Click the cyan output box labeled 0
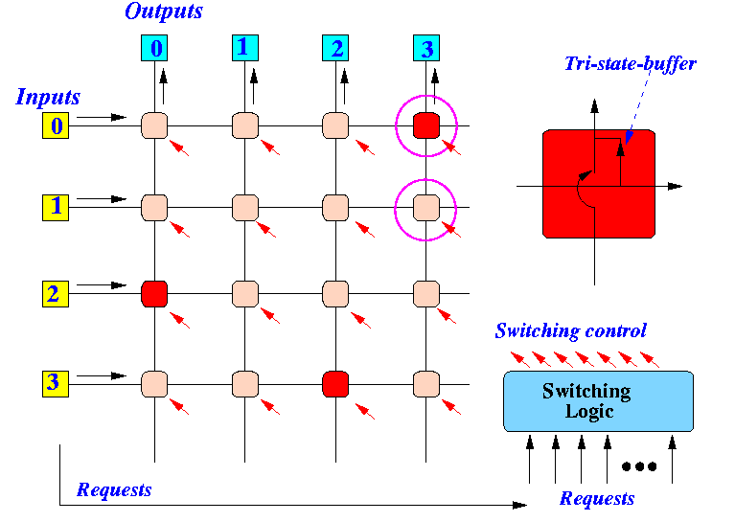point(154,48)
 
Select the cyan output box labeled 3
point(426,48)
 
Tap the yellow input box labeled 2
point(56,294)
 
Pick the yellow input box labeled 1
point(56,208)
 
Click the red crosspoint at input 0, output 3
point(426,125)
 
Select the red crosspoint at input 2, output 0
point(154,294)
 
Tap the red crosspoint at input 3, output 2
point(335,384)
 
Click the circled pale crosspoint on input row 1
point(426,208)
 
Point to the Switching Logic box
point(598,401)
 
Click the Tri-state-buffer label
point(631,63)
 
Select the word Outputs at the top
point(164,11)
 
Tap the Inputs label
point(48,98)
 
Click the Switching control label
point(571,330)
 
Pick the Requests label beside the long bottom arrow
point(114,489)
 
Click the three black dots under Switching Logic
point(639,466)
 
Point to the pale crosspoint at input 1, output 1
point(244,208)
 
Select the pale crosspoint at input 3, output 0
point(154,384)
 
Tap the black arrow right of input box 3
point(102,375)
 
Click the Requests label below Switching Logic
point(597,499)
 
